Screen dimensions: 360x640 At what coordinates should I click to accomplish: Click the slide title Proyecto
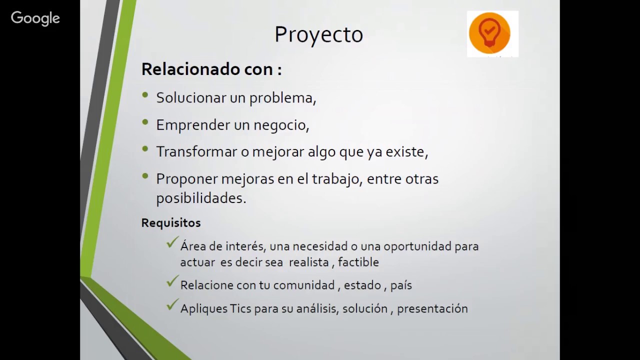[x=318, y=35]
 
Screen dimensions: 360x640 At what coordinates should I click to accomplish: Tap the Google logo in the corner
[x=35, y=18]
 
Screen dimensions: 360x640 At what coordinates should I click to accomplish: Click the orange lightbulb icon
[x=489, y=33]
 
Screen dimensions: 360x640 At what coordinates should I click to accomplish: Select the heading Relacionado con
[x=211, y=69]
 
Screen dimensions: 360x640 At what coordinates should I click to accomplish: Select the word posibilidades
[x=200, y=198]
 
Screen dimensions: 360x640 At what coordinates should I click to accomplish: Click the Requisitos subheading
[x=171, y=223]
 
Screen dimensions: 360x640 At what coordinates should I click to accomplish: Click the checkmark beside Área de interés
[x=172, y=243]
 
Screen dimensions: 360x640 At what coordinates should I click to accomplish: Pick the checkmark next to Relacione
[x=172, y=282]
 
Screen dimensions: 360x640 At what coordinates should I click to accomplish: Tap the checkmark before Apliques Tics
[x=172, y=305]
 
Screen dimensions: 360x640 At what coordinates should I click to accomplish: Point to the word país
[x=401, y=285]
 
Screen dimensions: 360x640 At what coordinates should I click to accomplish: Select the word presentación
[x=432, y=309]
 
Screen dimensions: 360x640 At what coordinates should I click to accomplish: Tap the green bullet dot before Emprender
[x=145, y=122]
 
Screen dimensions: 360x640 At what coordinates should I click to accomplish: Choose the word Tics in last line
[x=240, y=309]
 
